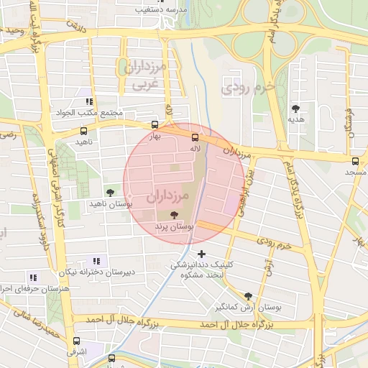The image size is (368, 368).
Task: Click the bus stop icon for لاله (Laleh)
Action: pyautogui.click(x=195, y=137)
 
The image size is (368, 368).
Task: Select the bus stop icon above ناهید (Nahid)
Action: pyautogui.click(x=84, y=132)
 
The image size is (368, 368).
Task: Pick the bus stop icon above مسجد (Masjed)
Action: pyautogui.click(x=356, y=161)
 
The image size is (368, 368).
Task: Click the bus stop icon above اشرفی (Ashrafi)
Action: pyautogui.click(x=76, y=341)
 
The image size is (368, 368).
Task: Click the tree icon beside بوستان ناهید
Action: pyautogui.click(x=110, y=192)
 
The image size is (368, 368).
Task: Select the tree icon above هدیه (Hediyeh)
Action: pyautogui.click(x=295, y=109)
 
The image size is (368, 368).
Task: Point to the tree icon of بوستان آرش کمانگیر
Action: pyautogui.click(x=248, y=295)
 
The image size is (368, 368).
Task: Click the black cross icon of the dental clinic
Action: pyautogui.click(x=201, y=253)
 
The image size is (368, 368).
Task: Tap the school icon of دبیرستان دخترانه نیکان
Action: pyautogui.click(x=96, y=261)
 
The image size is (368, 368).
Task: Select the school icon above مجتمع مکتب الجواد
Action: pyautogui.click(x=89, y=102)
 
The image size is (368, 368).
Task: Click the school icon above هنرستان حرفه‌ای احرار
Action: pyautogui.click(x=32, y=277)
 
